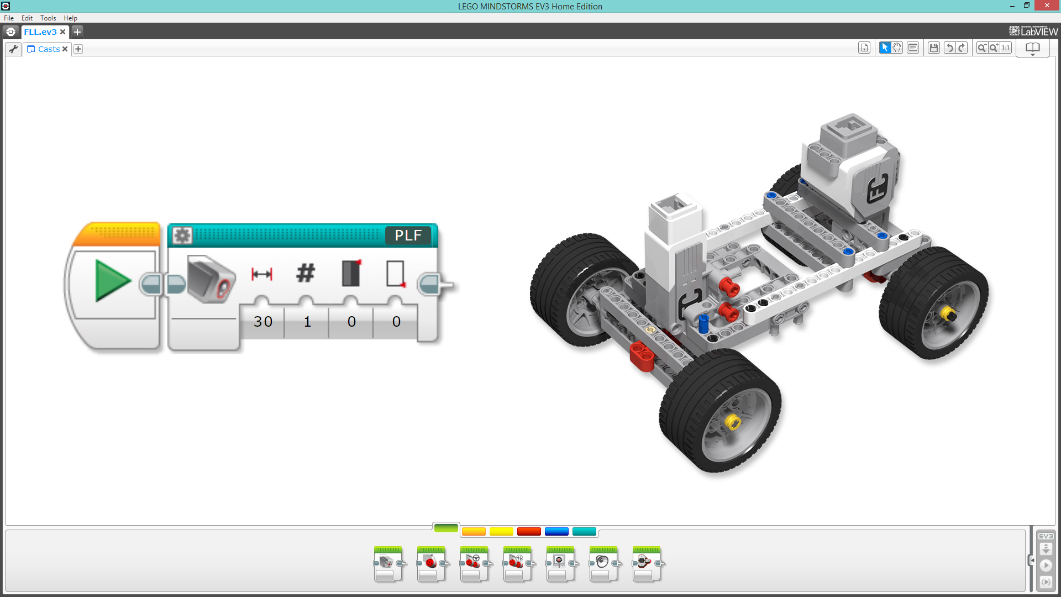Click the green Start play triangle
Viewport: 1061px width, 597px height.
112,281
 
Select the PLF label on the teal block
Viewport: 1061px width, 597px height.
408,235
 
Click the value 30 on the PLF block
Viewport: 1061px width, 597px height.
263,322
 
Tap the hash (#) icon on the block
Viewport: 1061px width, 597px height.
306,273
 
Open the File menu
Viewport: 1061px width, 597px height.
9,18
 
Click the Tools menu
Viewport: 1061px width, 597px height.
48,18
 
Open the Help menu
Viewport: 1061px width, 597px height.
70,18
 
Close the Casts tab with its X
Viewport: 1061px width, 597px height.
65,49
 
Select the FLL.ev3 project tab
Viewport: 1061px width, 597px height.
40,32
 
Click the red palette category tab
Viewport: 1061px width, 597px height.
529,532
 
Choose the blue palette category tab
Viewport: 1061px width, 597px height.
556,532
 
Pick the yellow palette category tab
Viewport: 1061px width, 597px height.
501,532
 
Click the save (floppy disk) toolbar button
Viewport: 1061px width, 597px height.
934,48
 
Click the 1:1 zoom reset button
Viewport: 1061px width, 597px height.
1006,48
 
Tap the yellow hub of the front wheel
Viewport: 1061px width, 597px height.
733,422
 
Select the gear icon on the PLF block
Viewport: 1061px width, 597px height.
182,235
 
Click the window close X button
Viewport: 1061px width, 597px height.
1047,6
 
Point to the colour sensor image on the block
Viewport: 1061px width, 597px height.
211,279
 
